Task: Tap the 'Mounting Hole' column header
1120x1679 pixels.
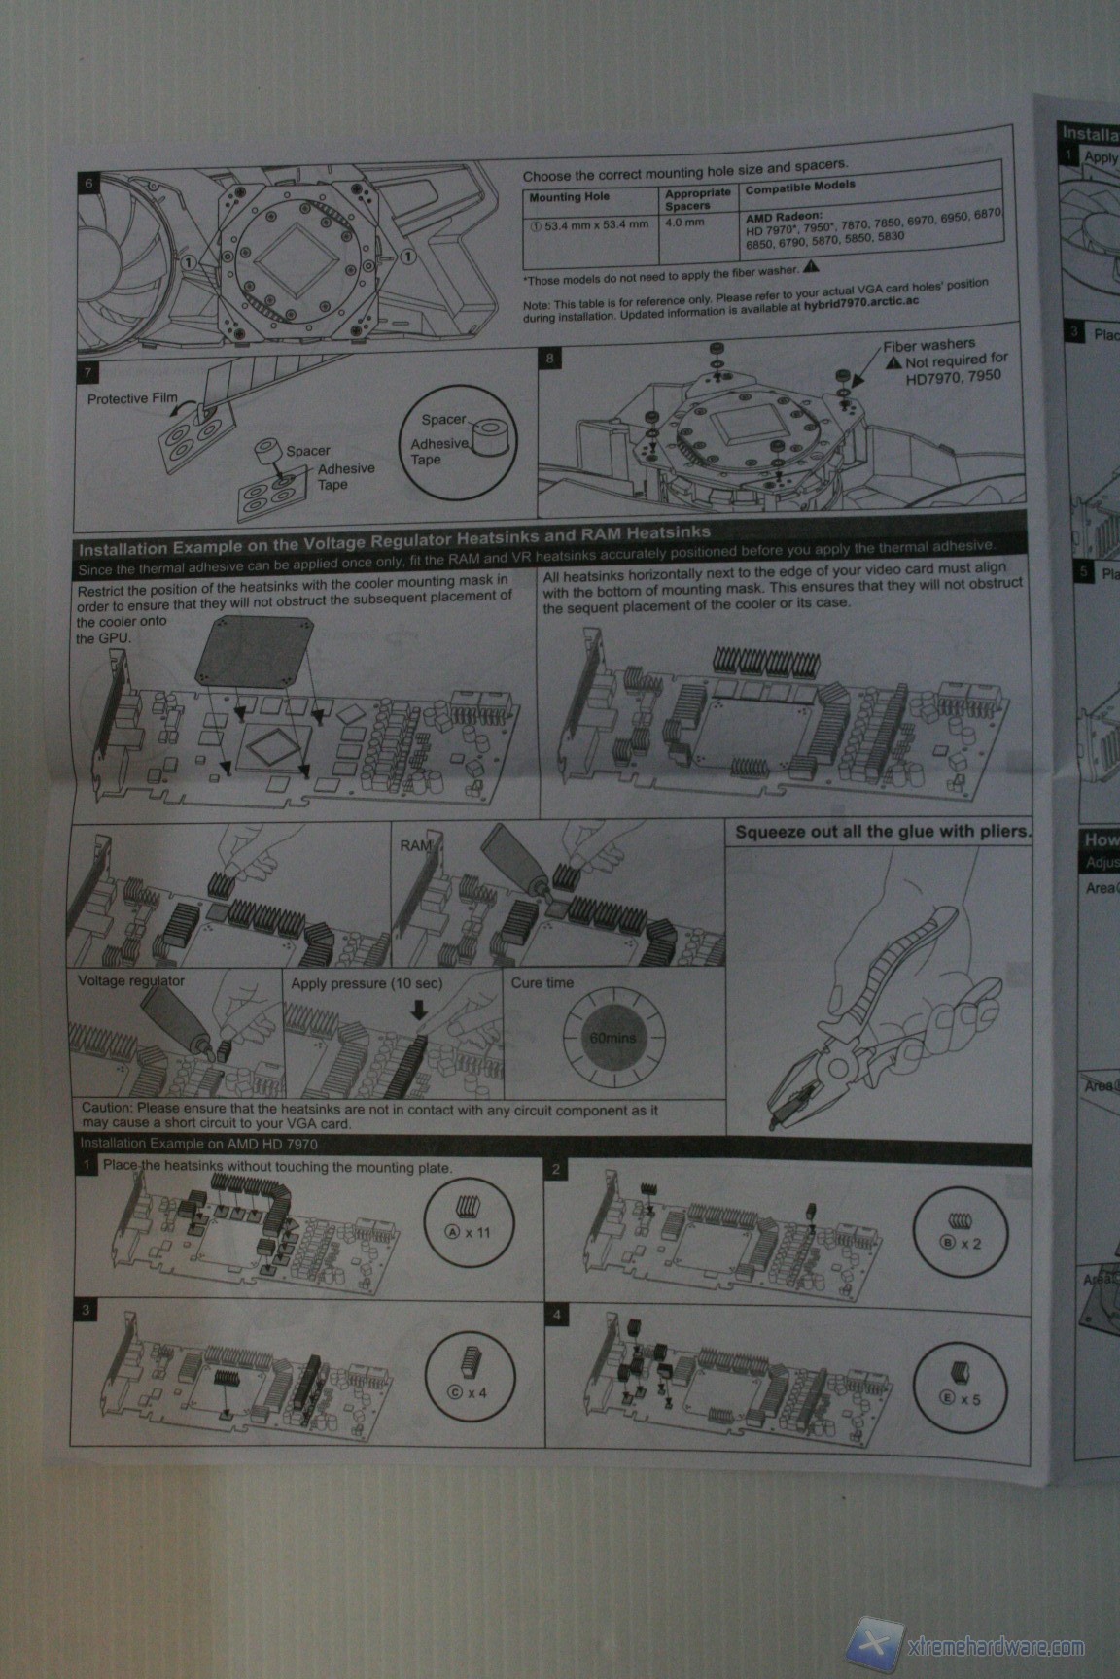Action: (570, 197)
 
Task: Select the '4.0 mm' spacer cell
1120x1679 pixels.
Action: (684, 223)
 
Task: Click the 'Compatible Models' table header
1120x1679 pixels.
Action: (800, 187)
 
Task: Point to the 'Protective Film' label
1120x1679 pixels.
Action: (132, 398)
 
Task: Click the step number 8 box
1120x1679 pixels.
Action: (550, 359)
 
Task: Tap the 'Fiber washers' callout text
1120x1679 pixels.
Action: (928, 345)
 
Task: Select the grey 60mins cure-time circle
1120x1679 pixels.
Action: (612, 1038)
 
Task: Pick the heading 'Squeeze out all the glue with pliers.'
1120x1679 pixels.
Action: (881, 832)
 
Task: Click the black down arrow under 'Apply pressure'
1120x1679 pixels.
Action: (419, 1011)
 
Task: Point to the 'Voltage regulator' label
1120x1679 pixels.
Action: (130, 981)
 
